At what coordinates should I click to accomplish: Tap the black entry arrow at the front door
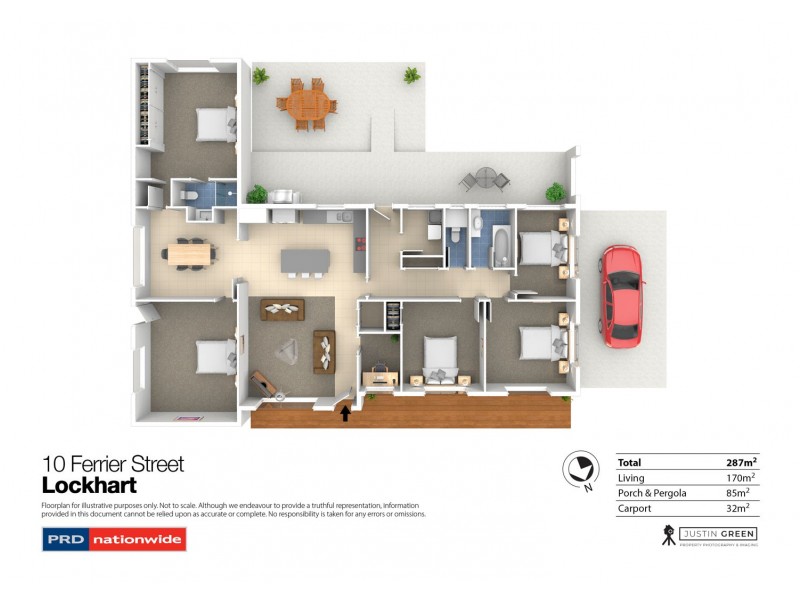[347, 410]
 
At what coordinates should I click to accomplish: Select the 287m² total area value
[741, 463]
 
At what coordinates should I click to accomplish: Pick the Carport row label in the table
[635, 508]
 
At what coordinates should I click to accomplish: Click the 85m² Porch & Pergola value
[743, 493]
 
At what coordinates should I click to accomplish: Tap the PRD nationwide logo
[114, 540]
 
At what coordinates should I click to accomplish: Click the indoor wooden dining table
[189, 254]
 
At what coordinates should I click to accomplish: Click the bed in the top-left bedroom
[212, 124]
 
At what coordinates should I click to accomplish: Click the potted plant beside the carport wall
[555, 191]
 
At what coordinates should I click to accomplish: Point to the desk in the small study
[381, 376]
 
